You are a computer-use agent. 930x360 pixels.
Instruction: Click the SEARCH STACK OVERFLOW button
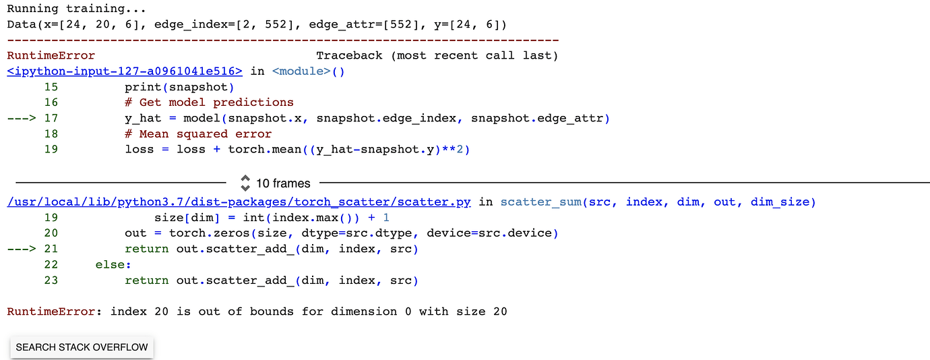(x=82, y=347)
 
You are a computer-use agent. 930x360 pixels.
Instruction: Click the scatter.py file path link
(x=239, y=202)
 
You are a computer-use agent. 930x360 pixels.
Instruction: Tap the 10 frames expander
(x=274, y=183)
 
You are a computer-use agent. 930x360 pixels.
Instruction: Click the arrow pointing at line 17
(x=23, y=118)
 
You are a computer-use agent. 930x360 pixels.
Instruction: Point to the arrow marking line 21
(x=23, y=249)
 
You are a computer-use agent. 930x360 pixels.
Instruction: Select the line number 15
(x=51, y=87)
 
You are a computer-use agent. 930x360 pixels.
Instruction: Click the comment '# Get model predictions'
(x=209, y=102)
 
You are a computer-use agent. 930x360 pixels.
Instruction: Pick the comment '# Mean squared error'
(x=198, y=133)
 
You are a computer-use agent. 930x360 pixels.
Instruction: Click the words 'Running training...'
(x=77, y=9)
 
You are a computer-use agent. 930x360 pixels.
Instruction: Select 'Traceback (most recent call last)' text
(x=437, y=55)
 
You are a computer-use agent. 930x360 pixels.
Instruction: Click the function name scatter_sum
(x=540, y=202)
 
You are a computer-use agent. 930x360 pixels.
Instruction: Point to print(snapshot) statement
(x=179, y=87)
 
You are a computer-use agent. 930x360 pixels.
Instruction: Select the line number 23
(x=51, y=280)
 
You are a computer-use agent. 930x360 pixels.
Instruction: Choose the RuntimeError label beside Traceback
(x=51, y=55)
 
